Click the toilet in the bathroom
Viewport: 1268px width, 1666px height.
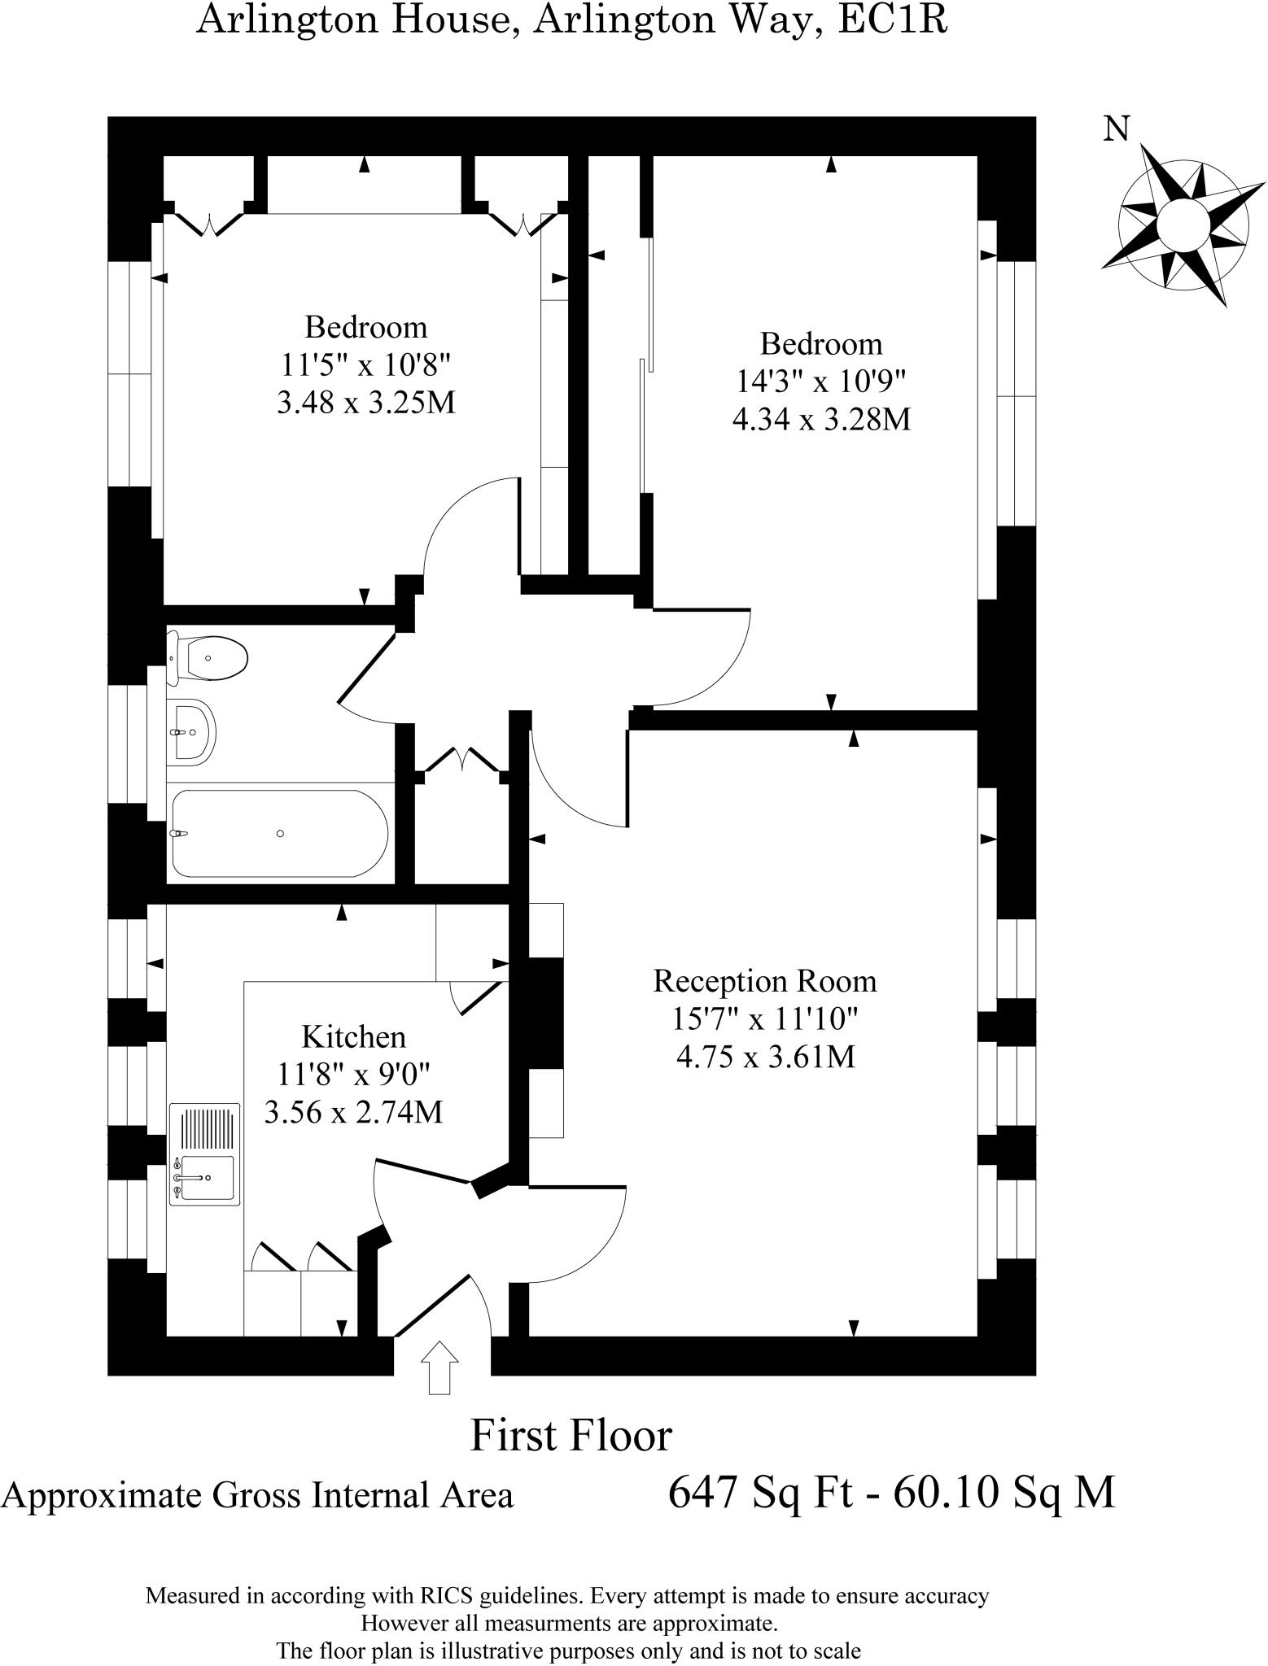[x=210, y=657]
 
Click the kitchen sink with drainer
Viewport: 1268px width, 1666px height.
[x=205, y=1154]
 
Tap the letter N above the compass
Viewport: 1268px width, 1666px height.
[x=1117, y=128]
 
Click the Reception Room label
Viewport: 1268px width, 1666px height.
[x=764, y=981]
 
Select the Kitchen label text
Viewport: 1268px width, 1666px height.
[x=353, y=1037]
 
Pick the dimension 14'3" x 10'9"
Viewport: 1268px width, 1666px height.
[x=820, y=381]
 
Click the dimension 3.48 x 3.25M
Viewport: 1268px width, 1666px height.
[x=365, y=403]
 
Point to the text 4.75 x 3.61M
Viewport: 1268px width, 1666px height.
[x=765, y=1057]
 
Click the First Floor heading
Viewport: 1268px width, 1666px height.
[x=571, y=1435]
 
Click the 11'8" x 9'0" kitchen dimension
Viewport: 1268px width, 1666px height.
[x=353, y=1074]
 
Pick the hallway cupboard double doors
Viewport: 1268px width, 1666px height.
[x=462, y=761]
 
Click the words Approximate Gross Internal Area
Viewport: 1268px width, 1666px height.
[x=257, y=1495]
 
